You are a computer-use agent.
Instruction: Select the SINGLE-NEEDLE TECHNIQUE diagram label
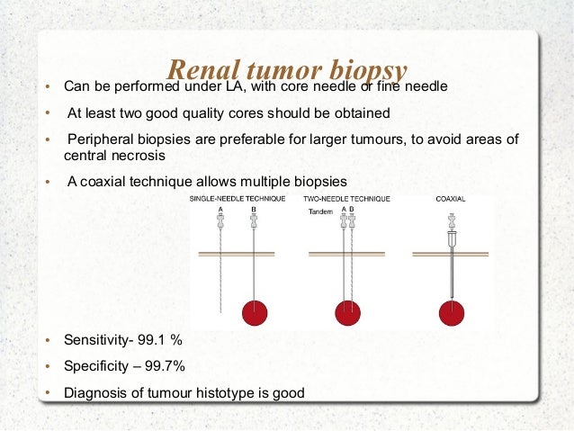click(237, 198)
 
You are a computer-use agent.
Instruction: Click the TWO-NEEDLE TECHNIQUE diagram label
click(345, 198)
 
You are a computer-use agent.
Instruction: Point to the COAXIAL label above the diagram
click(450, 198)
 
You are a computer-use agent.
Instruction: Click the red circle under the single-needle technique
click(256, 312)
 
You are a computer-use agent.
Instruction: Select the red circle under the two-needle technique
click(348, 312)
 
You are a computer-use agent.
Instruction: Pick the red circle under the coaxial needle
click(451, 312)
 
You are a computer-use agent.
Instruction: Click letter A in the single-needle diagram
click(220, 210)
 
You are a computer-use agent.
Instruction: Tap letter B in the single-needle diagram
click(255, 210)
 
